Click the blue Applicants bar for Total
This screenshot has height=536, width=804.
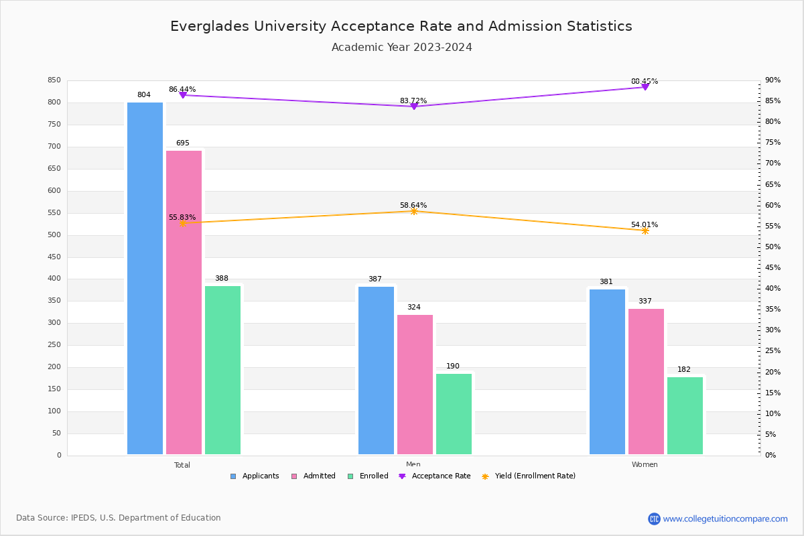click(x=145, y=278)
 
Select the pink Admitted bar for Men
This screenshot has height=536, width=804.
click(x=415, y=385)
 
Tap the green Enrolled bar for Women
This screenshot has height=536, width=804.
click(x=685, y=415)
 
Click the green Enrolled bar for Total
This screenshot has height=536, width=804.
click(x=222, y=370)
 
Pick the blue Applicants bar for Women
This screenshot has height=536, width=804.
click(x=607, y=372)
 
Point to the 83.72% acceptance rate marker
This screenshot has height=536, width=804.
click(x=413, y=107)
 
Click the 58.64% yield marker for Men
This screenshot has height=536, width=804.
click(x=413, y=211)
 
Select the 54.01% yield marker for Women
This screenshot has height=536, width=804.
click(x=645, y=230)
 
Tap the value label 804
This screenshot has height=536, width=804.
click(x=144, y=95)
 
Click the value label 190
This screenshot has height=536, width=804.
click(x=453, y=366)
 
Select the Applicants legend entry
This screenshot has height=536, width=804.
click(x=255, y=476)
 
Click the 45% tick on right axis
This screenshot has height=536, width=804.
click(x=773, y=268)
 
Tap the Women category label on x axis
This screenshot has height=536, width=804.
click(x=645, y=465)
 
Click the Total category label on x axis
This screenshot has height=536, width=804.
click(x=182, y=465)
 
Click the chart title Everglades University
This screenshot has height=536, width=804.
click(x=401, y=27)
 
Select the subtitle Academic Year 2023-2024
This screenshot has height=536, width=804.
click(x=401, y=48)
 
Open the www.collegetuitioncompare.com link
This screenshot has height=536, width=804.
click(x=725, y=519)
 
